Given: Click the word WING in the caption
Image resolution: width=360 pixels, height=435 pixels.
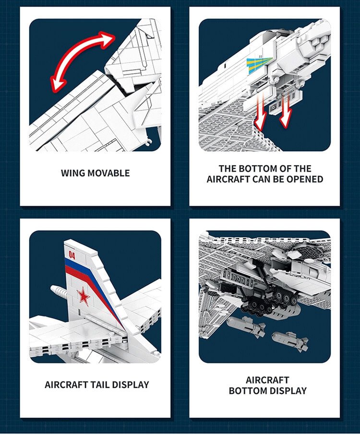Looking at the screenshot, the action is [73, 173].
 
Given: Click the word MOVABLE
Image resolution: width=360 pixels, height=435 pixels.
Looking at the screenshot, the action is [109, 173].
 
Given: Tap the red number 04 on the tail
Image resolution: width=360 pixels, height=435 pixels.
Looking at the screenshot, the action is [72, 255].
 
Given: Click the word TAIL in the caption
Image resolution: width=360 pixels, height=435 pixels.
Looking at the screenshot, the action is [100, 385].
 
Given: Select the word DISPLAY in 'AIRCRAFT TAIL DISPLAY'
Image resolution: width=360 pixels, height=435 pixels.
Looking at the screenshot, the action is [131, 385].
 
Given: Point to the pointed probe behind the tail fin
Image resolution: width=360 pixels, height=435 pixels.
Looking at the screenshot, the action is [58, 291].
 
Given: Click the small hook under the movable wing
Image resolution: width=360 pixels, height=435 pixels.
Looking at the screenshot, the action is [149, 142].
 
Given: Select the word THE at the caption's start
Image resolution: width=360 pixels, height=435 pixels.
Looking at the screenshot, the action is [228, 169].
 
